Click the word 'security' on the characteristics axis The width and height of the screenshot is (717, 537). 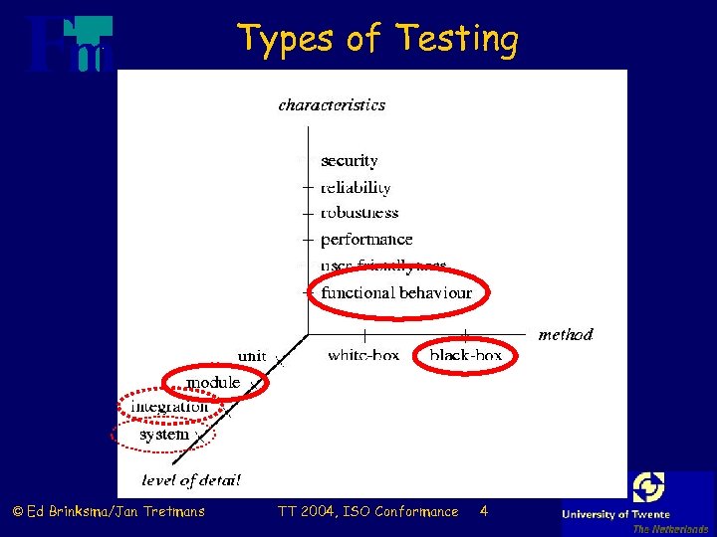pyautogui.click(x=350, y=161)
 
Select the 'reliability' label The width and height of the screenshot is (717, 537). pyautogui.click(x=356, y=187)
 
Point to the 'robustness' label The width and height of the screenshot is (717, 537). pyautogui.click(x=359, y=213)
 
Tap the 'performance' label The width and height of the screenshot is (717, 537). pyautogui.click(x=366, y=240)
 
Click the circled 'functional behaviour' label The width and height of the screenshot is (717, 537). pyautogui.click(x=396, y=292)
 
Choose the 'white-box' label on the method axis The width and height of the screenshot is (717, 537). pyautogui.click(x=363, y=355)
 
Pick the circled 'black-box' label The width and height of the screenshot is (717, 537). pyautogui.click(x=465, y=355)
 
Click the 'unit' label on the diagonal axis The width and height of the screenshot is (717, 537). pyautogui.click(x=252, y=356)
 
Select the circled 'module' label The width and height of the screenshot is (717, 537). pyautogui.click(x=213, y=382)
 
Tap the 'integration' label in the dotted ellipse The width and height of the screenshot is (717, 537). pyautogui.click(x=170, y=406)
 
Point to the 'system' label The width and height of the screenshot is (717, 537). pyautogui.click(x=164, y=435)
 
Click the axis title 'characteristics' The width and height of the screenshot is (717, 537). pyautogui.click(x=332, y=104)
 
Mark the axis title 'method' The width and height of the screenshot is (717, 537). pyautogui.click(x=566, y=335)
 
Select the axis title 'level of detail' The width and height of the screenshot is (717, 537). pyautogui.click(x=191, y=481)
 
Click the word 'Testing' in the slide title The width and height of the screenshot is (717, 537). pyautogui.click(x=457, y=39)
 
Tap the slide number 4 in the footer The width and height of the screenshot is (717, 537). pyautogui.click(x=483, y=511)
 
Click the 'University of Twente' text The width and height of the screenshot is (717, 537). pyautogui.click(x=616, y=514)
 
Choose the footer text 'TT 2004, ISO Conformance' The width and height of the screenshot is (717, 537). pyautogui.click(x=367, y=511)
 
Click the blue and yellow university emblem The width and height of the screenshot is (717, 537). pyautogui.click(x=648, y=487)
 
